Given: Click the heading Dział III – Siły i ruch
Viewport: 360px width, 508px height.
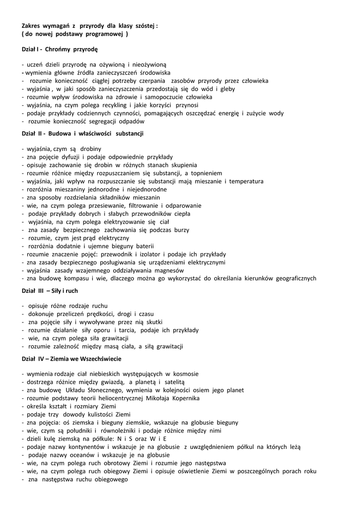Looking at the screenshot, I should click(50, 291).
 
